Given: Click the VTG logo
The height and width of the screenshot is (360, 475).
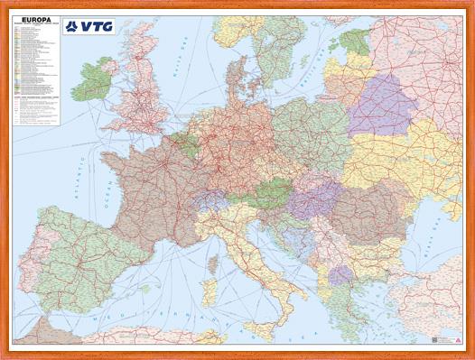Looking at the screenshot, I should coord(89,26).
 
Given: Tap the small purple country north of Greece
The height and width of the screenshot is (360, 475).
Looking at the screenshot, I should coord(340,273).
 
